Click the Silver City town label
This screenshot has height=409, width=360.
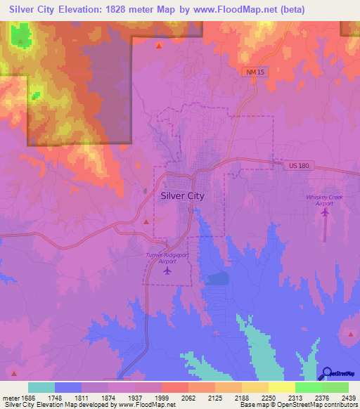click(x=182, y=196)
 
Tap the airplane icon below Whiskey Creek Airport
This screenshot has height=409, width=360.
click(x=326, y=213)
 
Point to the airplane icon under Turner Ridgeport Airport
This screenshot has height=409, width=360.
click(x=167, y=271)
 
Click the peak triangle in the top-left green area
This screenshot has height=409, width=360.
click(x=20, y=41)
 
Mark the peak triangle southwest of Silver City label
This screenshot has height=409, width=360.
click(x=146, y=221)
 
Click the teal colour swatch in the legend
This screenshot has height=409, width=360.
click(x=41, y=387)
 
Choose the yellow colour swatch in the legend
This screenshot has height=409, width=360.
click(x=281, y=387)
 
